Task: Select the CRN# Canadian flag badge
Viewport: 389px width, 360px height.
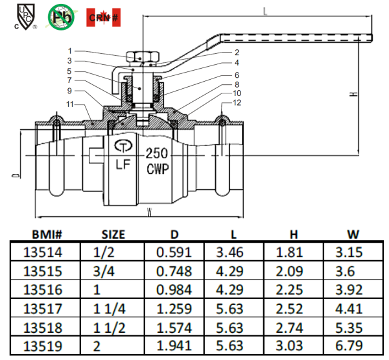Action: click(103, 17)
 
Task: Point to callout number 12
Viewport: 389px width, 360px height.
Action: click(237, 102)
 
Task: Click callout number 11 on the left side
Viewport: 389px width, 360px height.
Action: click(71, 104)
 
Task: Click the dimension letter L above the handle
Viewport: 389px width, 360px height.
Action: click(266, 10)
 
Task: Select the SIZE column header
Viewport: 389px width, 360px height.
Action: click(112, 234)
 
